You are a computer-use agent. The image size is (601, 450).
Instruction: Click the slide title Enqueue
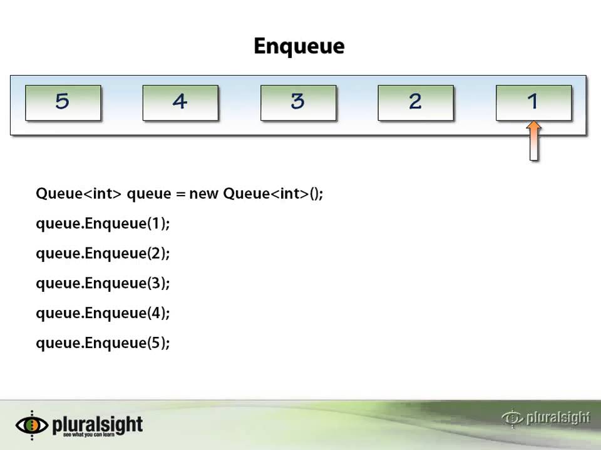[299, 46]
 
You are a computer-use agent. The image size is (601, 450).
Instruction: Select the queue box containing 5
[63, 102]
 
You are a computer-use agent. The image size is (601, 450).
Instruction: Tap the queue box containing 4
[180, 102]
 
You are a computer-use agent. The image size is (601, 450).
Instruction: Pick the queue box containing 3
[298, 102]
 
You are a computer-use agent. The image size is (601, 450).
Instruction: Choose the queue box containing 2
[416, 102]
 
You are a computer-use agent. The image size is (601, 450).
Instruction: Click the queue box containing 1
[533, 102]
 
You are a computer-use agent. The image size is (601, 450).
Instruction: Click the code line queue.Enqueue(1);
[103, 224]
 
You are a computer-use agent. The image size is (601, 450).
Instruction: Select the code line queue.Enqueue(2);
[103, 254]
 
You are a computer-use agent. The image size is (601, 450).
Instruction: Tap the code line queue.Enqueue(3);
[103, 284]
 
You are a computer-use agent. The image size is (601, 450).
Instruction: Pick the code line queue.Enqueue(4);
[103, 313]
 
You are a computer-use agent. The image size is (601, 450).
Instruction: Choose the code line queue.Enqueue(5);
[103, 343]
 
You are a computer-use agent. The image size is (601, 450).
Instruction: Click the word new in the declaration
[203, 194]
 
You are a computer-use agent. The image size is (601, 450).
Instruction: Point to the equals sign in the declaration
[181, 194]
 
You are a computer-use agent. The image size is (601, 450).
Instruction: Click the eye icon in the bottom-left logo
[31, 425]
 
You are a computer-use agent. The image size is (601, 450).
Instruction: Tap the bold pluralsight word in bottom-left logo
[98, 424]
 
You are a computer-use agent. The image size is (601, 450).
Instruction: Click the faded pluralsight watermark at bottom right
[547, 417]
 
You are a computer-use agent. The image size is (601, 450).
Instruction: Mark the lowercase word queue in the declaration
[148, 194]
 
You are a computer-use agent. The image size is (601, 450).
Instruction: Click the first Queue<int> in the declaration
[78, 194]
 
